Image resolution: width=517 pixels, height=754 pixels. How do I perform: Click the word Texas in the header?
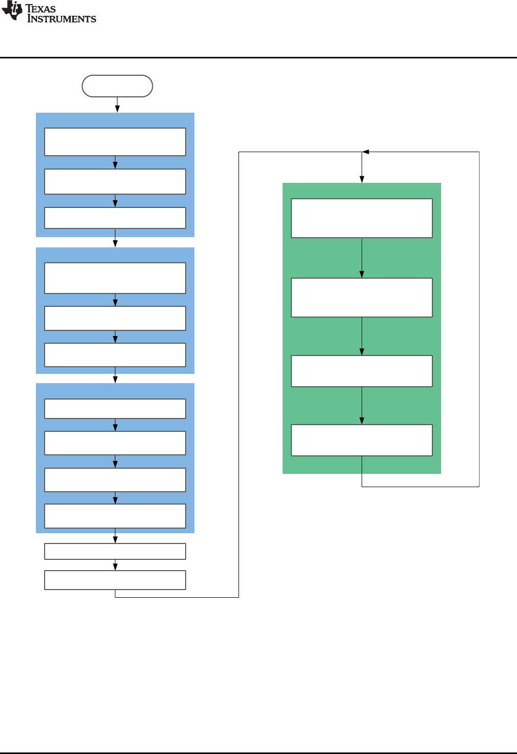tap(41, 9)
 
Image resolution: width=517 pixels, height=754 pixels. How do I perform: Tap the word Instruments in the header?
tap(62, 19)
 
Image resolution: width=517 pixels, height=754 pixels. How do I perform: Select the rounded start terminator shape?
tap(117, 86)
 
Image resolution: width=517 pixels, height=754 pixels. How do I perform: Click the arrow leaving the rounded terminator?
tap(117, 104)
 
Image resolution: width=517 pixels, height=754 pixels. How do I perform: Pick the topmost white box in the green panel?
tap(362, 218)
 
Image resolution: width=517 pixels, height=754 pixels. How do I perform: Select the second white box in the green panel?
tap(362, 298)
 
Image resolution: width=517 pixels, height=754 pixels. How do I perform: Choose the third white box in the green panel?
tap(362, 371)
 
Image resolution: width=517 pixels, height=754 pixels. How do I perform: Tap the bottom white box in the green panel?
tap(362, 440)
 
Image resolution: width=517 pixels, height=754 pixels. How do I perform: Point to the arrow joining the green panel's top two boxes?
tap(362, 258)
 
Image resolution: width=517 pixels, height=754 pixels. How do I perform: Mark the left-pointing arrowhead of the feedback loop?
tap(366, 152)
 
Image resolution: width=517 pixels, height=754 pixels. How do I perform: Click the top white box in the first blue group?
tap(115, 142)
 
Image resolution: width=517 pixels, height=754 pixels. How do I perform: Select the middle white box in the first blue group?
tap(115, 181)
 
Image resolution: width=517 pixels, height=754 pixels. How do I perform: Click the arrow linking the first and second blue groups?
tap(115, 242)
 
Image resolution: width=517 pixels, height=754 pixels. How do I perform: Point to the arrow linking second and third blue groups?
tap(115, 378)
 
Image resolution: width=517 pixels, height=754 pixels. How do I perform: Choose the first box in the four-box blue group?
tap(115, 409)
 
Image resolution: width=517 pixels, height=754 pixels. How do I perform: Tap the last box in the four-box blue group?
tap(115, 516)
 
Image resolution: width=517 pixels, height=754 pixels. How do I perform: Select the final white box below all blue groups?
tap(115, 580)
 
